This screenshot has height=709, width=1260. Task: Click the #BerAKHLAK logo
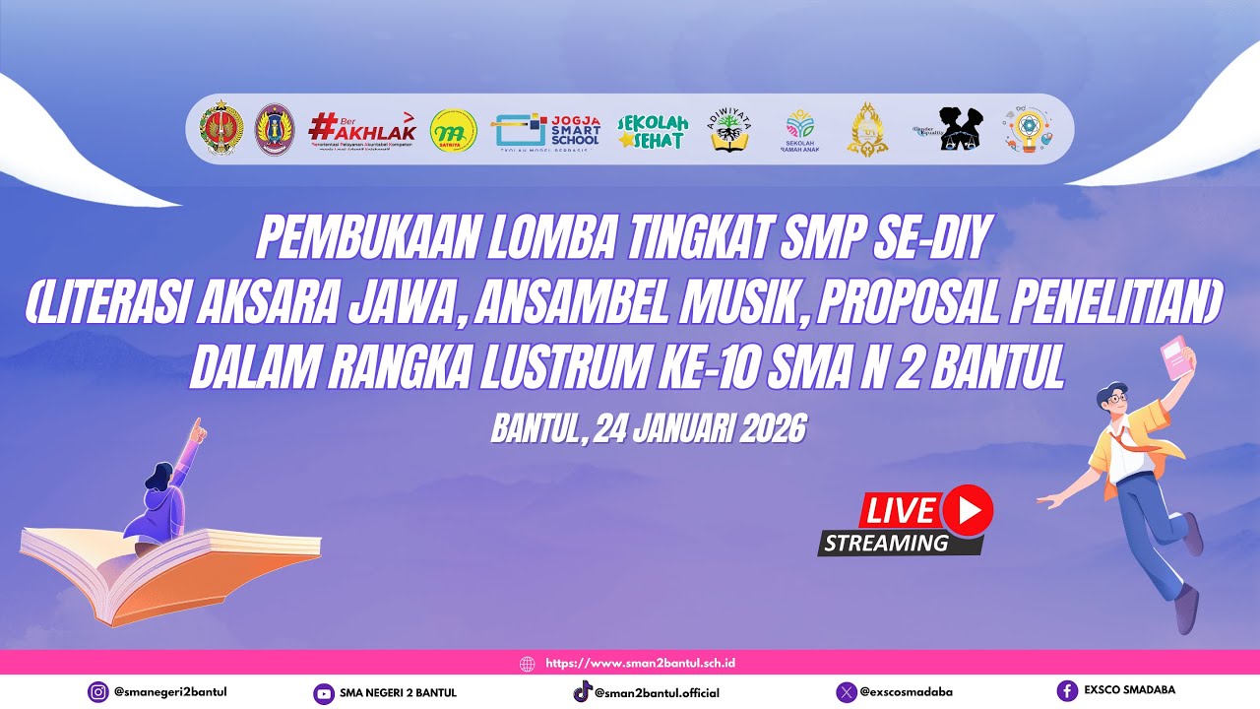pyautogui.click(x=362, y=129)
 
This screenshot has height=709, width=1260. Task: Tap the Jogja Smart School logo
pyautogui.click(x=547, y=130)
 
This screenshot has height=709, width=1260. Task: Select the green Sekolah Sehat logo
pyautogui.click(x=652, y=130)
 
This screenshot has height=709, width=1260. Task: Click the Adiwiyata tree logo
pyautogui.click(x=729, y=130)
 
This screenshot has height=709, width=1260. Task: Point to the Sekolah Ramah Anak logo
pyautogui.click(x=799, y=130)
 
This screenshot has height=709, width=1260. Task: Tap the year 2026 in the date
pyautogui.click(x=768, y=428)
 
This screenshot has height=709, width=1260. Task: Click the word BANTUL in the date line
pyautogui.click(x=534, y=428)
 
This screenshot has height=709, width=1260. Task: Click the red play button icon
pyautogui.click(x=967, y=510)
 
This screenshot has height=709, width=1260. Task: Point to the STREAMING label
pyautogui.click(x=886, y=543)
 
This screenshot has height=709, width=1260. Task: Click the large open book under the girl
pyautogui.click(x=167, y=571)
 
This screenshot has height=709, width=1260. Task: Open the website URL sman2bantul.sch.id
pyautogui.click(x=640, y=663)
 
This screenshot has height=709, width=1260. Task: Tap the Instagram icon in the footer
pyautogui.click(x=98, y=692)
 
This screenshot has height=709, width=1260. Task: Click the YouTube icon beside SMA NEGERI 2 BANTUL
pyautogui.click(x=323, y=693)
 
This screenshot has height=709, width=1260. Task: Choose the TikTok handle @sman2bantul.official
pyautogui.click(x=657, y=693)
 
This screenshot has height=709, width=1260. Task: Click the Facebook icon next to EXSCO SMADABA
pyautogui.click(x=1067, y=691)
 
